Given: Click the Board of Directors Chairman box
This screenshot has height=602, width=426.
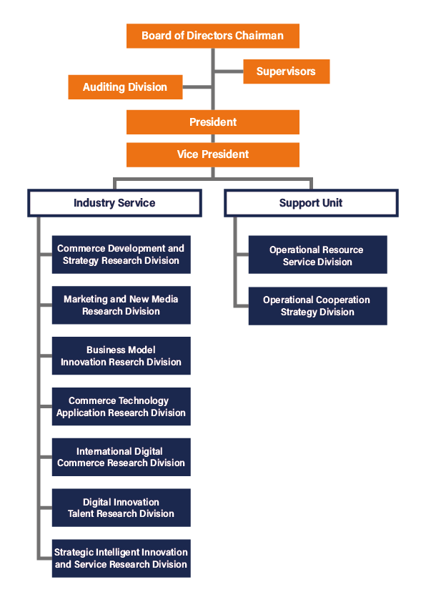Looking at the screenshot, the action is (212, 36).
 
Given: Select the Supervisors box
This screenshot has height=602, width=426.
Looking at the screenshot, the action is (287, 71).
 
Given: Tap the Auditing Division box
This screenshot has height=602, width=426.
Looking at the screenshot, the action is (125, 87).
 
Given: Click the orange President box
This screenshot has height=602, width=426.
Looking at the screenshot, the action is (212, 122).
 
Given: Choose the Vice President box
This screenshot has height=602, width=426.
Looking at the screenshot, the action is (212, 154).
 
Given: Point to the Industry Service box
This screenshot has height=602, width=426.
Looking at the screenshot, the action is (114, 203).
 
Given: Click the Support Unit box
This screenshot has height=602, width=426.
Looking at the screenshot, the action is (311, 203).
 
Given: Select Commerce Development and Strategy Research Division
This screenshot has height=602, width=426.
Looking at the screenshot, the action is (121, 255).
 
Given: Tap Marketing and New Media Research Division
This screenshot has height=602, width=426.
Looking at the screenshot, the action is (121, 305).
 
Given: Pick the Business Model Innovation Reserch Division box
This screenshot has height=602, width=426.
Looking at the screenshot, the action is (121, 356).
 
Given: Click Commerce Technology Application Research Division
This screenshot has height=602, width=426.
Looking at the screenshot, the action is (121, 407).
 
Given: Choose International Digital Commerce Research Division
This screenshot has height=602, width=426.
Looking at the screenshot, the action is (121, 458).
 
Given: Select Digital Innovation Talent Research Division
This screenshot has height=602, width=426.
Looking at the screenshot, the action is (121, 508).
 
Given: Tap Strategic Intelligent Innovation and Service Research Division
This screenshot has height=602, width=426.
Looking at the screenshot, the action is (121, 558).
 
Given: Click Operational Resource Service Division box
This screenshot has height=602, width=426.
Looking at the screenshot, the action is (317, 255).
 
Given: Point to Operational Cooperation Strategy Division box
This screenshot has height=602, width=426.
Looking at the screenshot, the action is (317, 306).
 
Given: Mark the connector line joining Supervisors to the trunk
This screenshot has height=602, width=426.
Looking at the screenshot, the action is (229, 71).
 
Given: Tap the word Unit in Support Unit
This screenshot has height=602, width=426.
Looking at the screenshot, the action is (332, 203).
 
